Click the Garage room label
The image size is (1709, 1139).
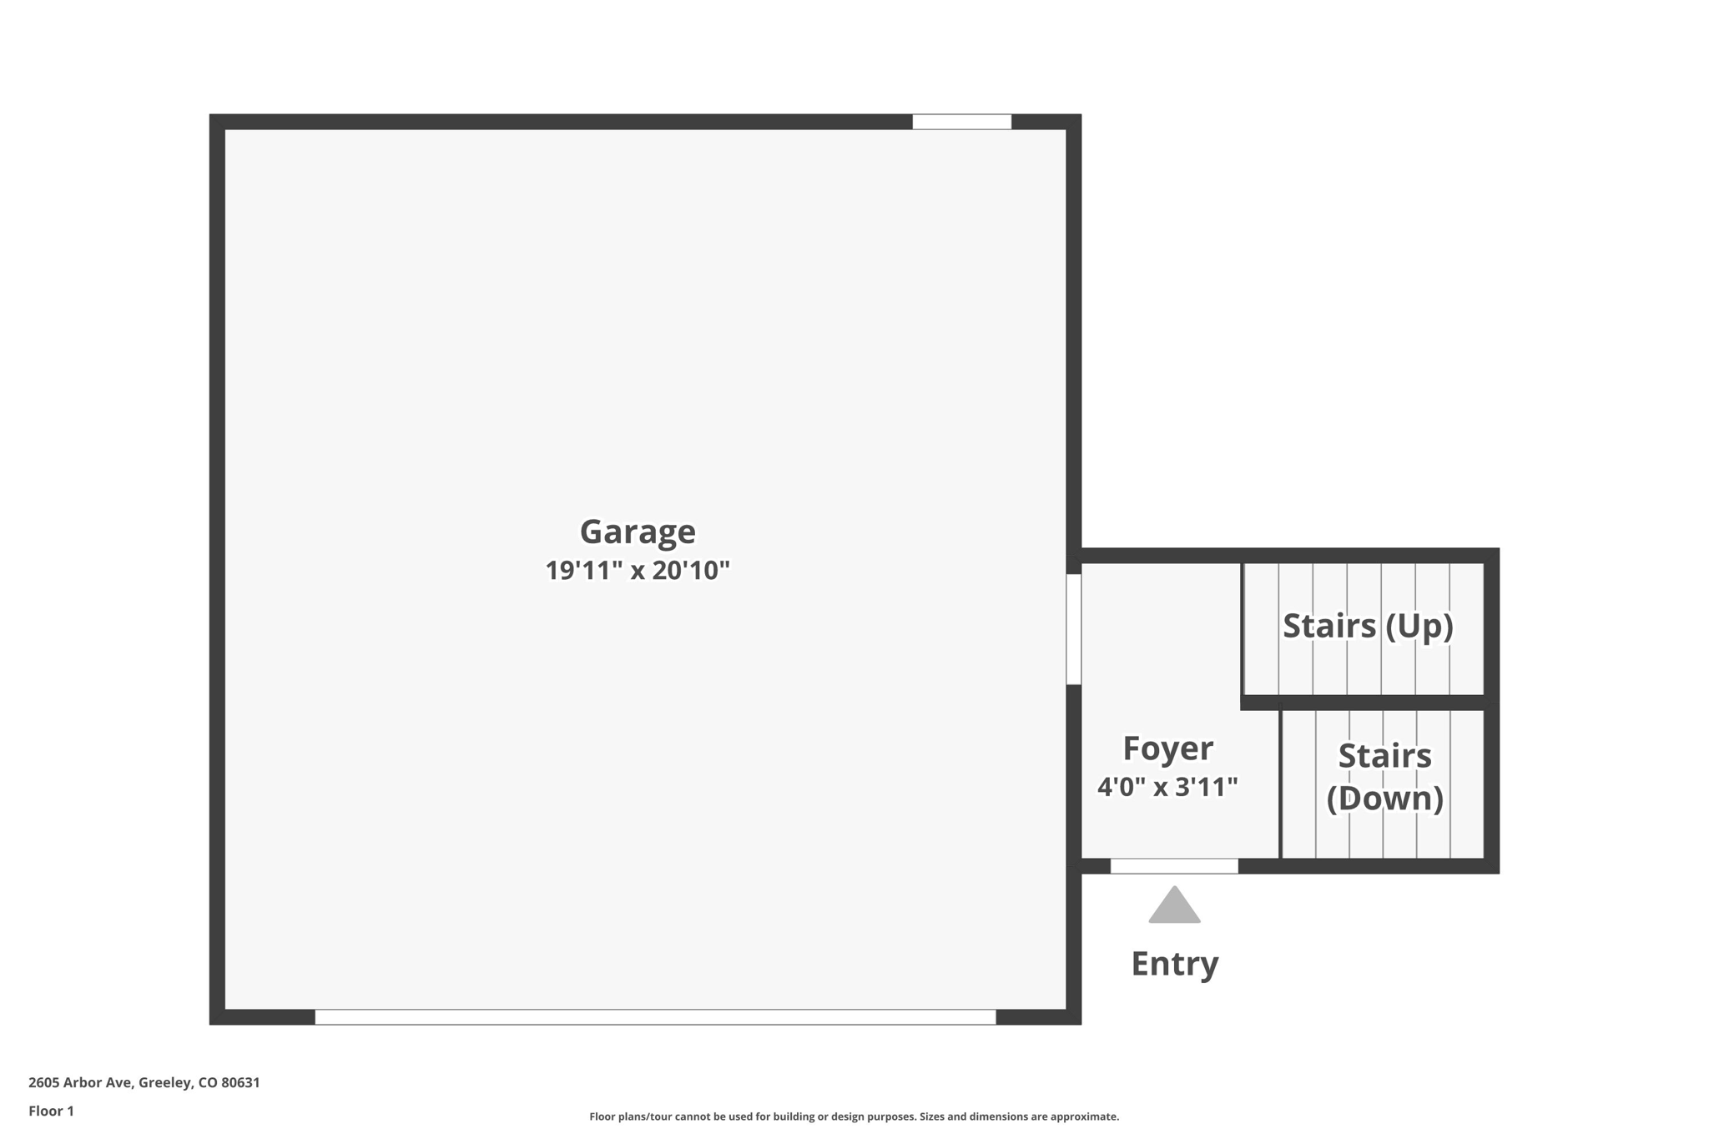pyautogui.click(x=638, y=532)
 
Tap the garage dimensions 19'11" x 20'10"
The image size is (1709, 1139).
pyautogui.click(x=638, y=571)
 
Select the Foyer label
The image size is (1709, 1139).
pyautogui.click(x=1167, y=748)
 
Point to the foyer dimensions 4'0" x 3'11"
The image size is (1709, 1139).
pyautogui.click(x=1167, y=786)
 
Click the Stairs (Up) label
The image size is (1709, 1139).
pyautogui.click(x=1368, y=626)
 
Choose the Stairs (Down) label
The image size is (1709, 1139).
pyautogui.click(x=1384, y=777)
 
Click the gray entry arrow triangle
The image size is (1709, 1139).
pyautogui.click(x=1174, y=907)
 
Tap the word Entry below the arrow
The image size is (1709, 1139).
pyautogui.click(x=1174, y=964)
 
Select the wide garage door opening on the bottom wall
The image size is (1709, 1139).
pyautogui.click(x=655, y=1017)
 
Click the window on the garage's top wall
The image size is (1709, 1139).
pyautogui.click(x=961, y=122)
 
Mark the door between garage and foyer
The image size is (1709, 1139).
pyautogui.click(x=1074, y=629)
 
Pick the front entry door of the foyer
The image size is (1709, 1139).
pyautogui.click(x=1174, y=866)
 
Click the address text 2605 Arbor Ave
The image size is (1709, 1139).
pyautogui.click(x=80, y=1082)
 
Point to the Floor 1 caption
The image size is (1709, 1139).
pyautogui.click(x=51, y=1111)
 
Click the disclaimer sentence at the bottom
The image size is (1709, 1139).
pyautogui.click(x=854, y=1116)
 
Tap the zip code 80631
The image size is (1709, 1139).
pyautogui.click(x=240, y=1082)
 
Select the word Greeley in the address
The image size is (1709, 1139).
pyautogui.click(x=165, y=1082)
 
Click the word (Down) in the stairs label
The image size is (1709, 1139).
pyautogui.click(x=1384, y=799)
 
